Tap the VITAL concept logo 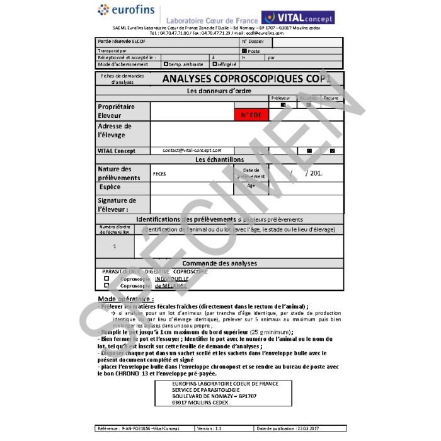tap(297, 17)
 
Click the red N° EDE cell tap(251, 115)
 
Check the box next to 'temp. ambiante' tap(166, 64)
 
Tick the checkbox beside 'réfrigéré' tap(215, 64)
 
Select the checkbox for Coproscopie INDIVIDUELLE tap(106, 278)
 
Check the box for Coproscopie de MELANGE tap(106, 285)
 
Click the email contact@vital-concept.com tap(192, 151)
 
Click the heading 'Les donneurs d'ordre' tap(219, 91)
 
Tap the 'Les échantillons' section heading tap(219, 159)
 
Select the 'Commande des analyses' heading tap(219, 263)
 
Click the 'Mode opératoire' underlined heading tap(126, 298)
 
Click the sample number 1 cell tap(114, 246)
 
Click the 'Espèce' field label tap(110, 187)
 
